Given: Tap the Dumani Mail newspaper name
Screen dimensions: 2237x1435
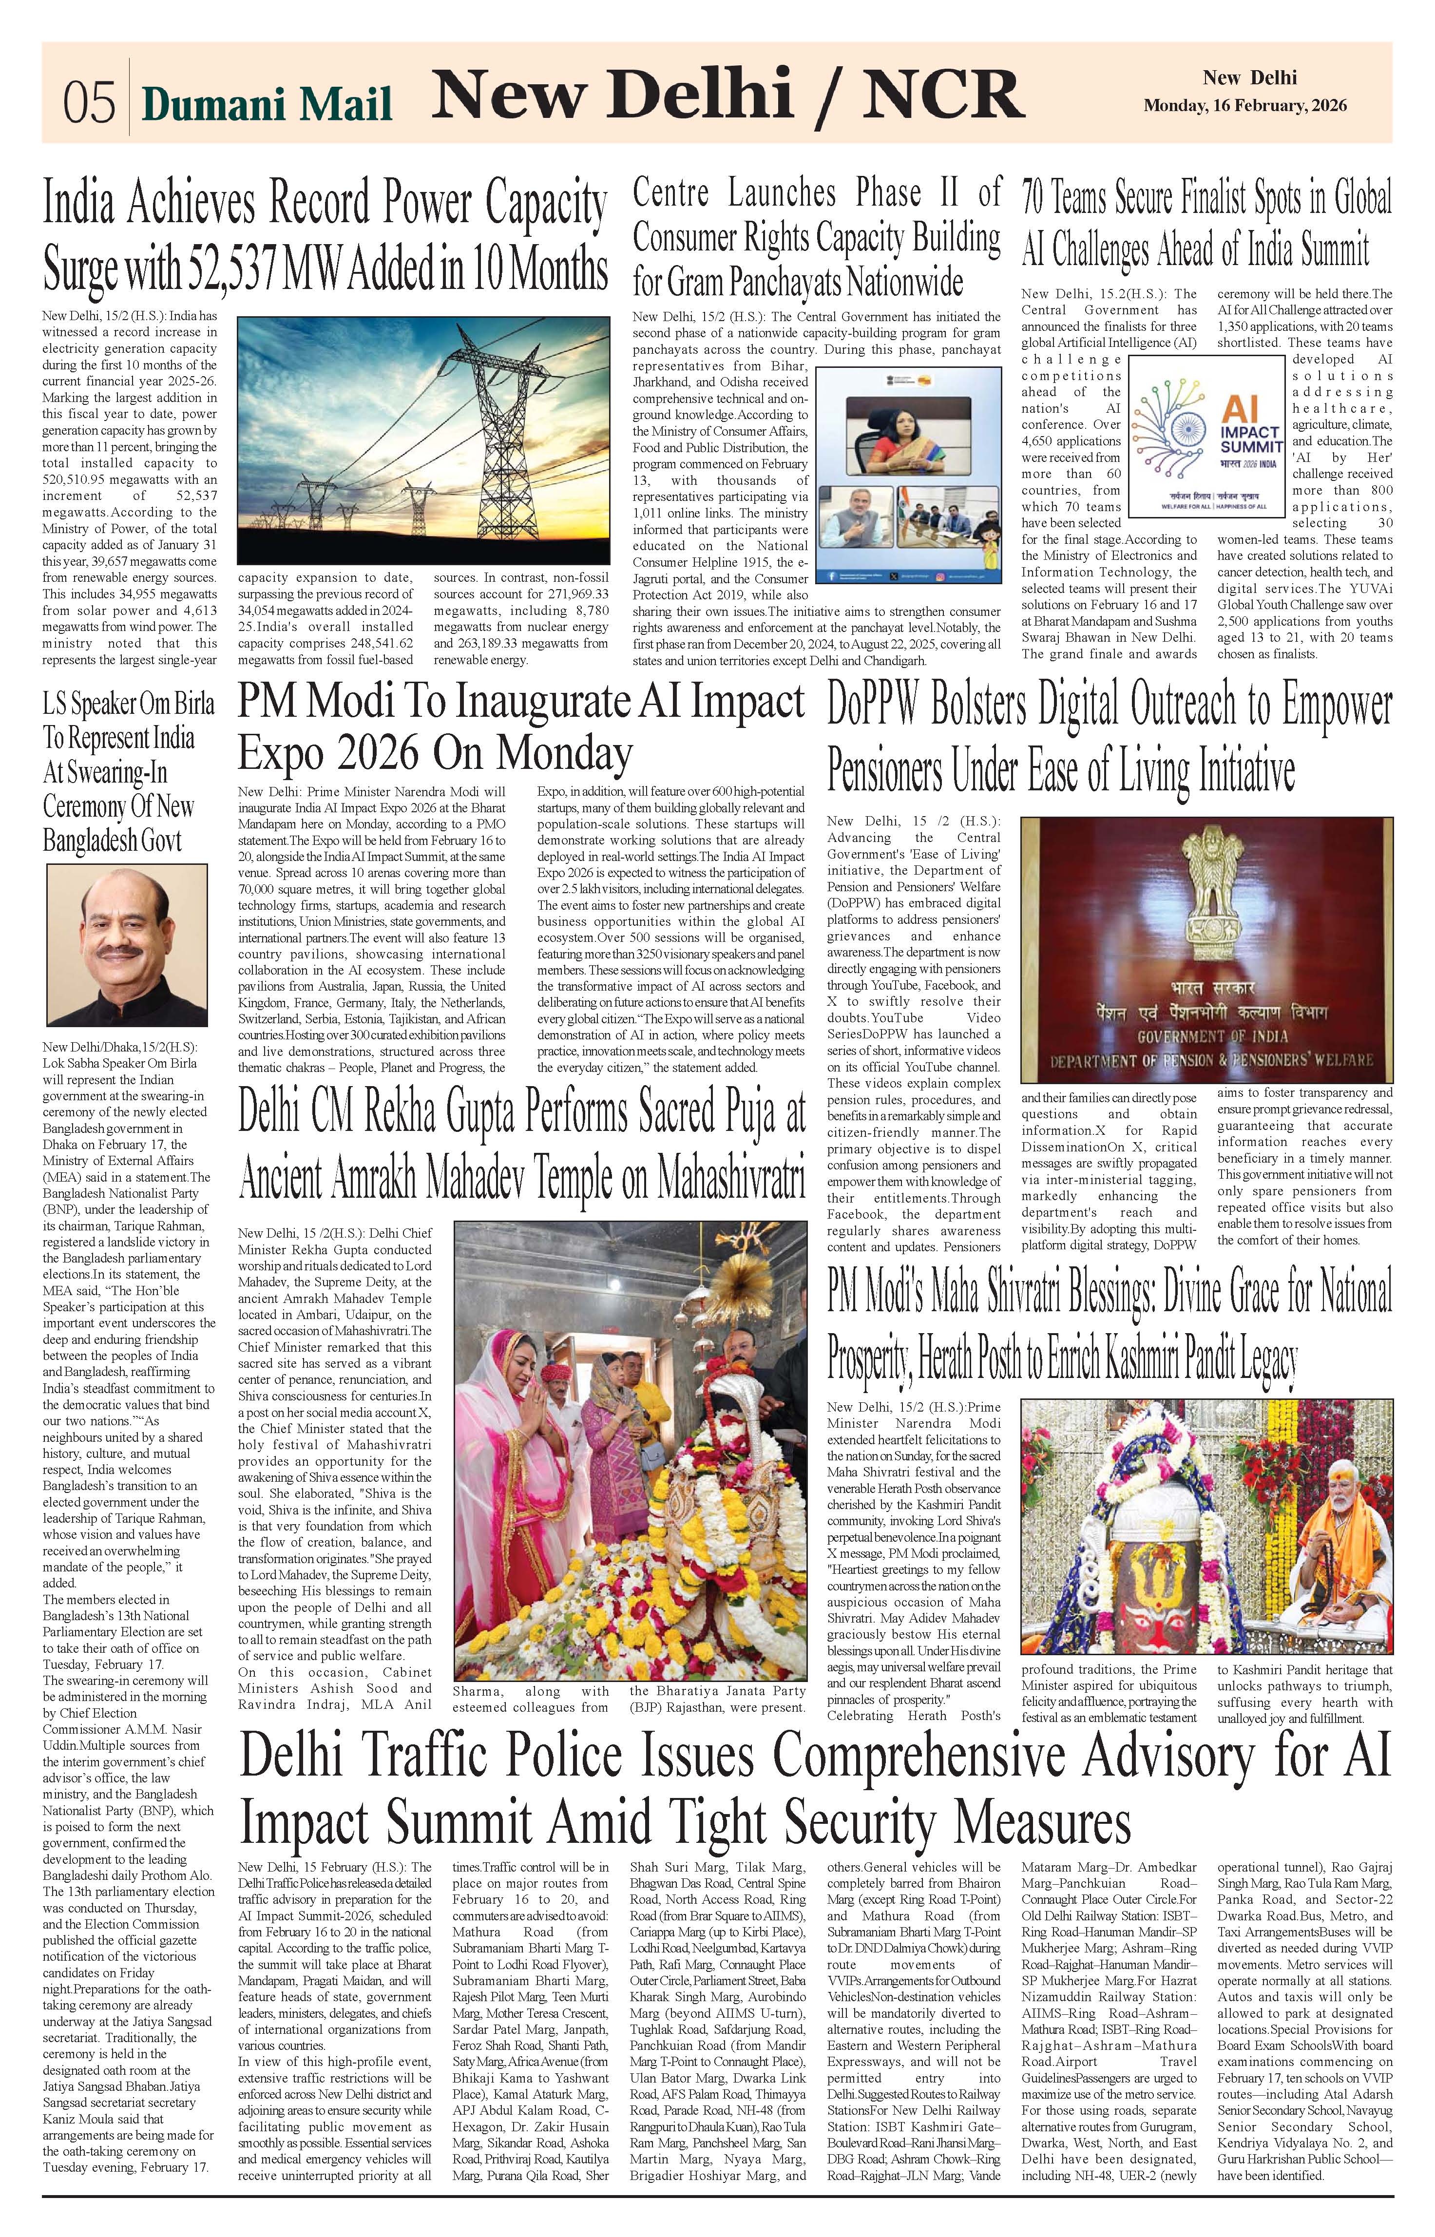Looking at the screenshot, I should coord(267,104).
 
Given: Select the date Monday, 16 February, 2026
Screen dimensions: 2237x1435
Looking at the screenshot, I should coord(1245,106).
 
